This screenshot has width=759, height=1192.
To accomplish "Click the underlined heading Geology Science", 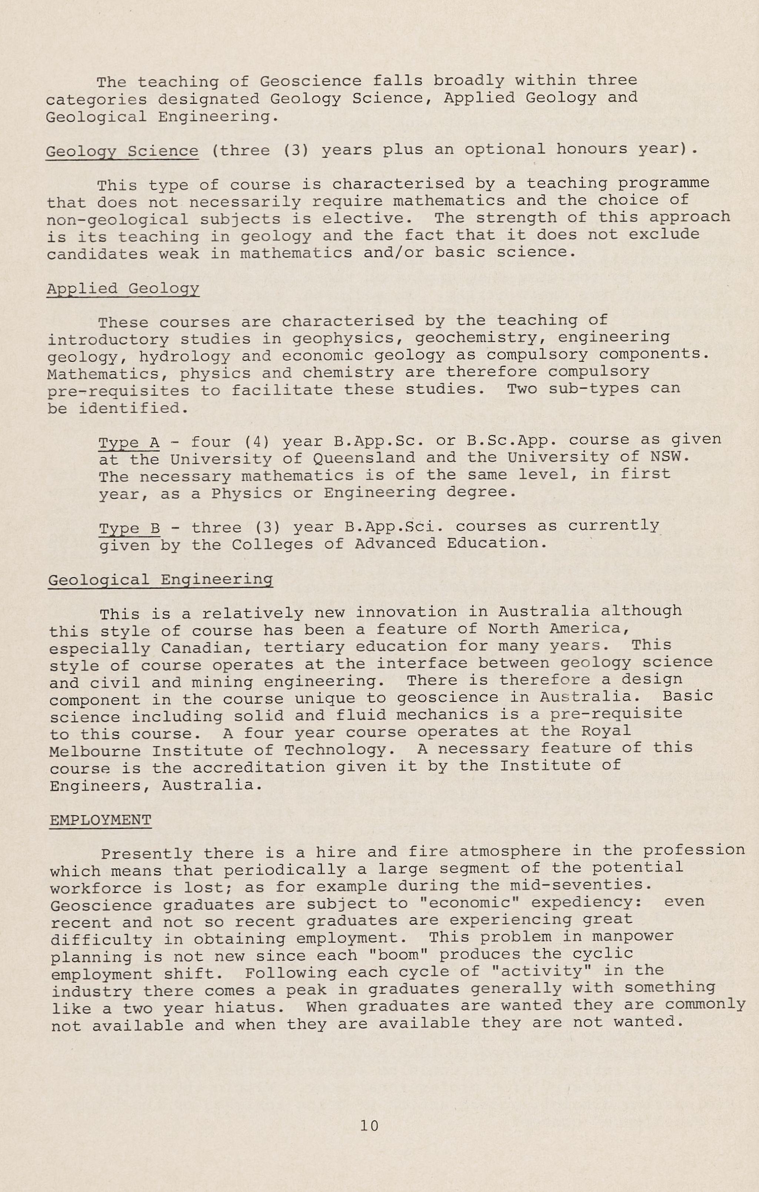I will (122, 151).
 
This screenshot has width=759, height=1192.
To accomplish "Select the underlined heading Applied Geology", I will (123, 289).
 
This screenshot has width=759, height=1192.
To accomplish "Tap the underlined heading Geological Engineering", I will (160, 579).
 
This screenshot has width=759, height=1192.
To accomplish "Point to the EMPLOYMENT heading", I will (101, 820).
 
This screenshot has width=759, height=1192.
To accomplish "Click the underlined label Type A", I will (129, 442).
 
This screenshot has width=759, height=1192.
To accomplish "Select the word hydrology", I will (185, 357).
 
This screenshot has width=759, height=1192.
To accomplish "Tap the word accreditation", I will (259, 768).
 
